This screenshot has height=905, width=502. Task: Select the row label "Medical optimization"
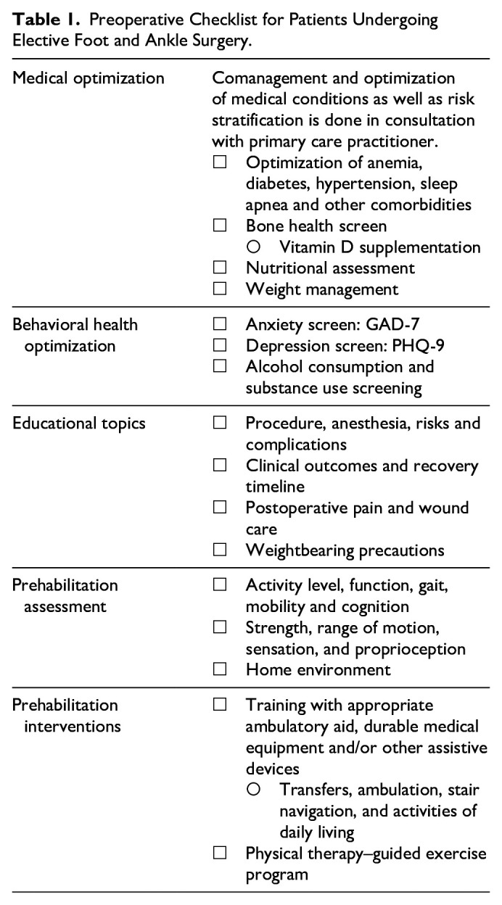(89, 78)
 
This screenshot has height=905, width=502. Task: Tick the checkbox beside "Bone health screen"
(219, 226)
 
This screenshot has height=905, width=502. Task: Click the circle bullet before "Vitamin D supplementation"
(254, 247)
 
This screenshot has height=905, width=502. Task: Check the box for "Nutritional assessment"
(219, 268)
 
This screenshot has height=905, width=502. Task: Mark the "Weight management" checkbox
(219, 290)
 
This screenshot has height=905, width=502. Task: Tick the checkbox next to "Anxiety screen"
(219, 324)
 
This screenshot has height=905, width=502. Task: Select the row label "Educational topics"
(79, 423)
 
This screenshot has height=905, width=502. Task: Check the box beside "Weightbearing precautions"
(219, 551)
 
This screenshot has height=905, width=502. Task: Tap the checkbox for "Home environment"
(219, 670)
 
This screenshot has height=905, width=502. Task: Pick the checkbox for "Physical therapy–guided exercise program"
(219, 854)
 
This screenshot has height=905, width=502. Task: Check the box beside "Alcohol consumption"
(219, 367)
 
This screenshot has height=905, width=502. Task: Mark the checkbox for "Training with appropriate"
(219, 705)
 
